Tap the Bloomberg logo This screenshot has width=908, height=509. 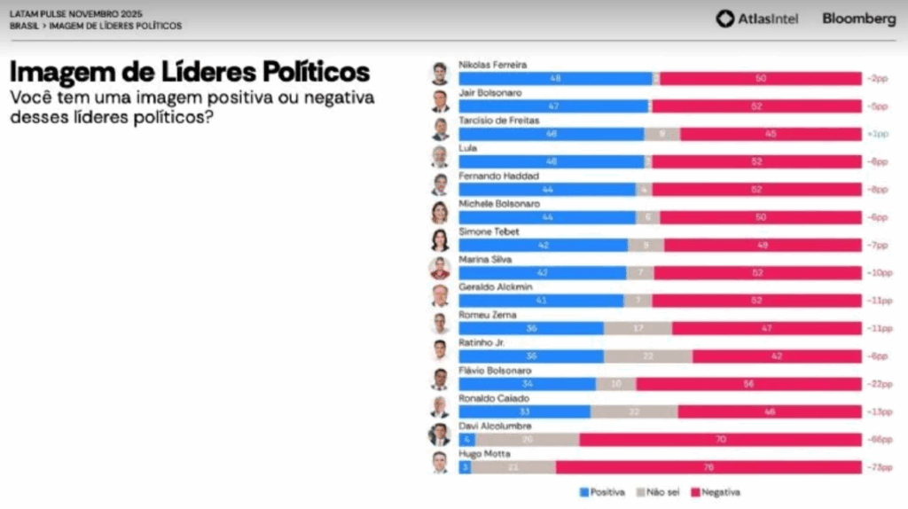(x=858, y=19)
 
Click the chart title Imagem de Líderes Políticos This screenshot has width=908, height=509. (x=190, y=72)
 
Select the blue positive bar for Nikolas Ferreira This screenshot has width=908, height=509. (x=556, y=79)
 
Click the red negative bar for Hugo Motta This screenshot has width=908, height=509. (x=708, y=467)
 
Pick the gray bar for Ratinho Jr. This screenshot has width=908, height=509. (x=648, y=356)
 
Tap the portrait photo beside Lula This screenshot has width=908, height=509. (x=440, y=157)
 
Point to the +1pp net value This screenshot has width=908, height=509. (x=877, y=134)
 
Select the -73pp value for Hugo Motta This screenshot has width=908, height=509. (x=877, y=467)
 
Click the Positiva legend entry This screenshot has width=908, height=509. (x=602, y=492)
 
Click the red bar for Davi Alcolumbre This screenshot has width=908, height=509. (x=720, y=440)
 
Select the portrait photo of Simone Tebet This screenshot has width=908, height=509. (x=440, y=240)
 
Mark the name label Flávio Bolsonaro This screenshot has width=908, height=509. (x=495, y=370)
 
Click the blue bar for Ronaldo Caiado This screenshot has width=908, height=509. (x=524, y=411)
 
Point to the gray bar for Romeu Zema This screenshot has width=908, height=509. (x=638, y=328)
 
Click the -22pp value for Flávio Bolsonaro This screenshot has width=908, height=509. (x=877, y=384)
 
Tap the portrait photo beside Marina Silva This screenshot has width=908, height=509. (x=440, y=268)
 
